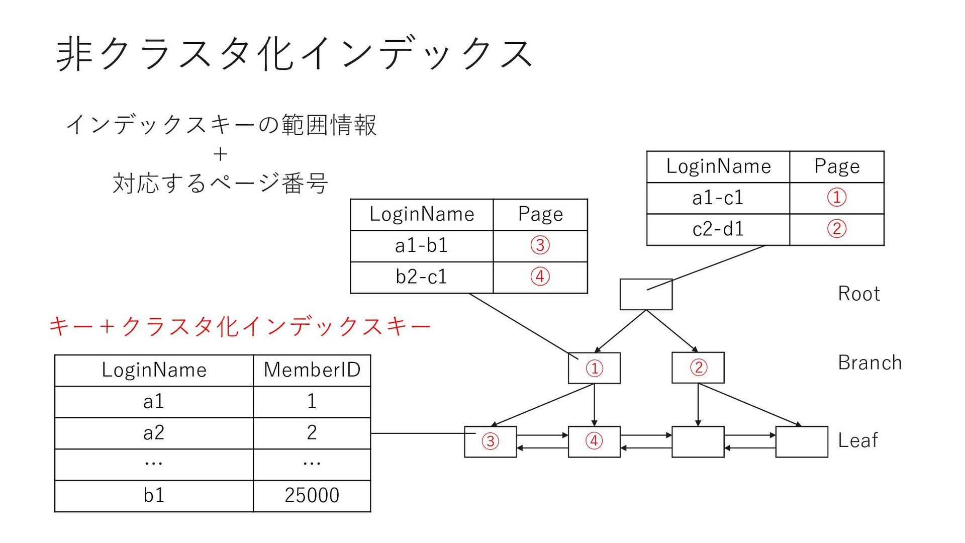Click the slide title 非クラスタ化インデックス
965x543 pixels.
[294, 53]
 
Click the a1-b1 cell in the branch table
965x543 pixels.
[421, 246]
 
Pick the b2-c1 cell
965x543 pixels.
[421, 277]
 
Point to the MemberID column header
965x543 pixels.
[312, 370]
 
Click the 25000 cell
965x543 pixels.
[312, 496]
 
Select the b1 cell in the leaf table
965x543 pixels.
[154, 496]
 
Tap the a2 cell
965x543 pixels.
[154, 433]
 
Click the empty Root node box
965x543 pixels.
[646, 295]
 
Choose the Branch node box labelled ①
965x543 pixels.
[594, 368]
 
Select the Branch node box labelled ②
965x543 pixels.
[698, 368]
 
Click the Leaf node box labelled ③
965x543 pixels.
[490, 441]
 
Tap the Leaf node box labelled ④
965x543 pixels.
[594, 441]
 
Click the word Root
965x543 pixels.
[858, 294]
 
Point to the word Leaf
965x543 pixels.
[857, 441]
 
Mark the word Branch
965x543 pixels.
[870, 363]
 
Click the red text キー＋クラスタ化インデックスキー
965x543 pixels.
[240, 326]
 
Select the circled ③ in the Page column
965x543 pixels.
[540, 246]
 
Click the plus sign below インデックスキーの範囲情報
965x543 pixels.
[220, 154]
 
